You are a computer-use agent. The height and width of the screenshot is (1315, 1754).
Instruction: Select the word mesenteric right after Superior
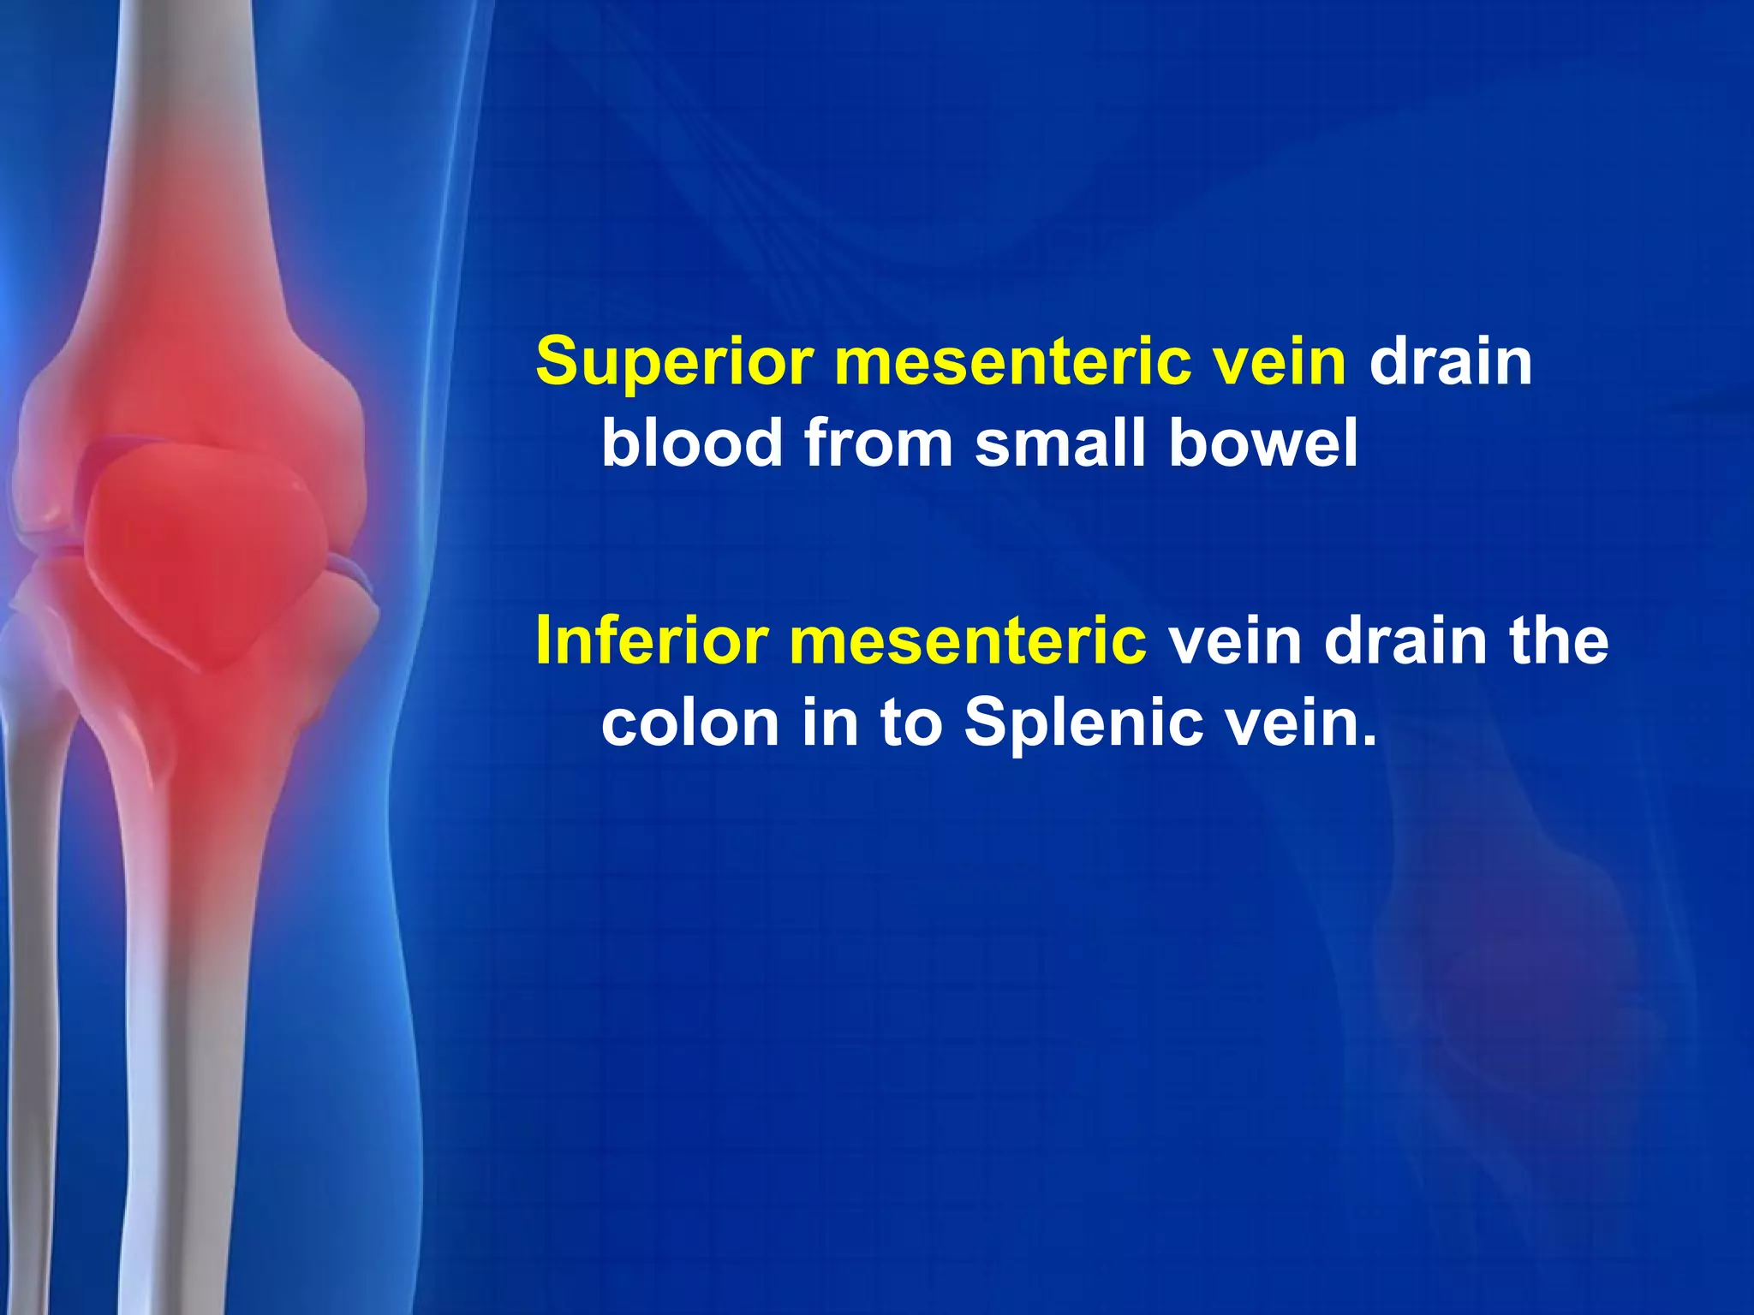1011,362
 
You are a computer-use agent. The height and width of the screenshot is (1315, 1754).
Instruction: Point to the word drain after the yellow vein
1451,362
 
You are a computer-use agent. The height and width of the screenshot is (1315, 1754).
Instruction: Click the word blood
691,443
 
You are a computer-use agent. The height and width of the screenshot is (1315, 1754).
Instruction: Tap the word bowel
1263,443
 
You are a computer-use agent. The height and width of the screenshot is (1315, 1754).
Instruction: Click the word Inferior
651,640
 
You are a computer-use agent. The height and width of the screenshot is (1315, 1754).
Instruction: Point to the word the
1559,640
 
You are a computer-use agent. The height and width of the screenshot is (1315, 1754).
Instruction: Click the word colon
691,723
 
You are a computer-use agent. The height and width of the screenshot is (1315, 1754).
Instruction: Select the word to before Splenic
910,723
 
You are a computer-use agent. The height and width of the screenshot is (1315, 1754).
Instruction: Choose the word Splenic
1081,723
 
